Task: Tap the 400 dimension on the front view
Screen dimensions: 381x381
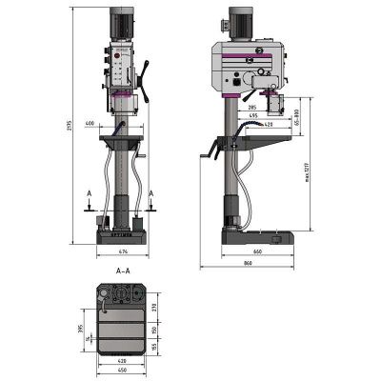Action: click(x=90, y=125)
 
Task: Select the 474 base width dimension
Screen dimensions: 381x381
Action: click(x=123, y=252)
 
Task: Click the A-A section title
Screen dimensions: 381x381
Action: click(x=123, y=271)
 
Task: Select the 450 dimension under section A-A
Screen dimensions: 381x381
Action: click(x=123, y=370)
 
